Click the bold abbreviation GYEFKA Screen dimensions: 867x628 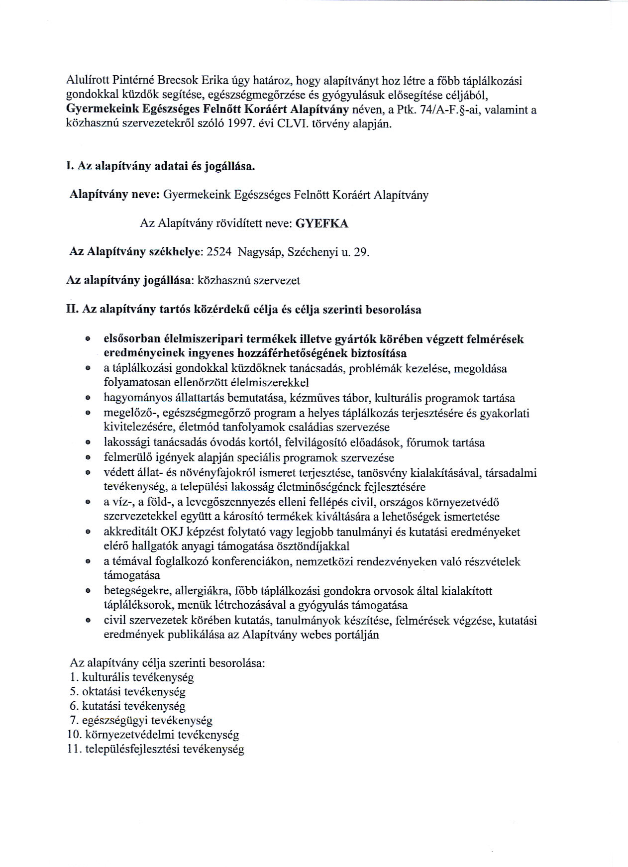(322, 223)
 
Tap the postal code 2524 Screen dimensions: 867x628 (219, 252)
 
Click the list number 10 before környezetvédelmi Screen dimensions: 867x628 (73, 735)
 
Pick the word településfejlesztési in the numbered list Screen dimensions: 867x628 (132, 749)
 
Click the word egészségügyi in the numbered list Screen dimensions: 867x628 (115, 720)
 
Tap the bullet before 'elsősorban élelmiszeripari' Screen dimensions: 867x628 (88, 339)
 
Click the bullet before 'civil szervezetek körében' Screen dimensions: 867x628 (88, 621)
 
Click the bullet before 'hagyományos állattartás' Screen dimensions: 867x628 (88, 399)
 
